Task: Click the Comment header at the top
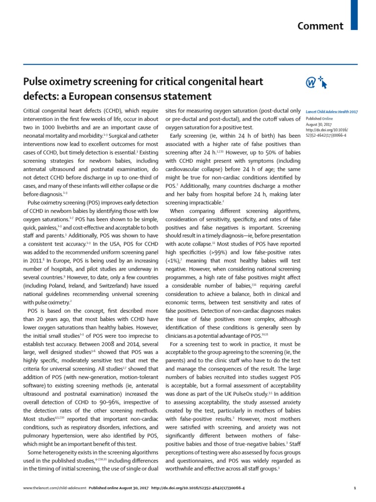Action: pyautogui.click(x=320, y=26)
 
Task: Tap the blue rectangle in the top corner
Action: pyautogui.click(x=355, y=14)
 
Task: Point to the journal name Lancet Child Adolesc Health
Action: pyautogui.click(x=331, y=112)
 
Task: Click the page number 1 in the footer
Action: pyautogui.click(x=354, y=488)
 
